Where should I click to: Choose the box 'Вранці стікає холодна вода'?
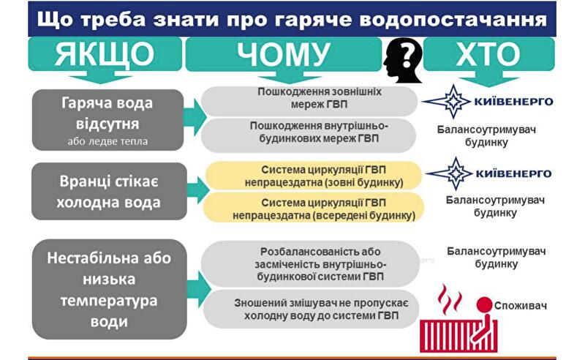click(107, 191)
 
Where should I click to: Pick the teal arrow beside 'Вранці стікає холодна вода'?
click(192, 191)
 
